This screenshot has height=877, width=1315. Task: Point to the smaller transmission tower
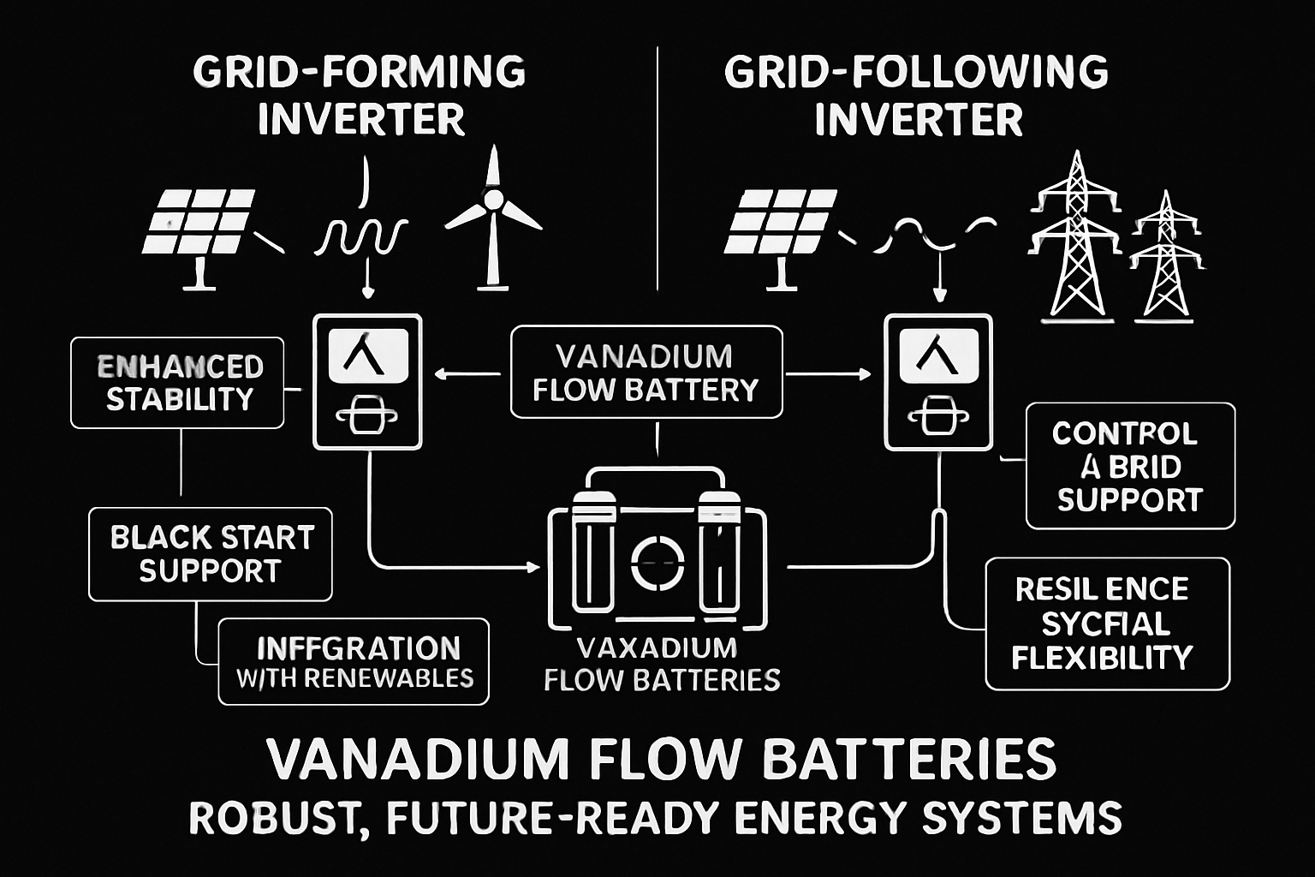(x=1166, y=257)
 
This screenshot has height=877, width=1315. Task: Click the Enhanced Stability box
(x=177, y=382)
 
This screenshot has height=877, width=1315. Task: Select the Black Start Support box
(x=211, y=554)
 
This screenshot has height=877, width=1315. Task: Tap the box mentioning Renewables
(x=354, y=661)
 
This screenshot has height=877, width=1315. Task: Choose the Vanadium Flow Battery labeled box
(x=646, y=372)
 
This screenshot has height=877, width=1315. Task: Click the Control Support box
(x=1130, y=466)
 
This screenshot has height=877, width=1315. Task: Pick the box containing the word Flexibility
(x=1107, y=623)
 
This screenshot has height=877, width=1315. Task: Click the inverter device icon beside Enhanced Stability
(x=367, y=381)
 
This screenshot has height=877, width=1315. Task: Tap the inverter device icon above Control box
(x=938, y=381)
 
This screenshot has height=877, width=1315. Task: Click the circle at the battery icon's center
(x=657, y=562)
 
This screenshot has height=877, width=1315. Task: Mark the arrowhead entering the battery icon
(x=534, y=567)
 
